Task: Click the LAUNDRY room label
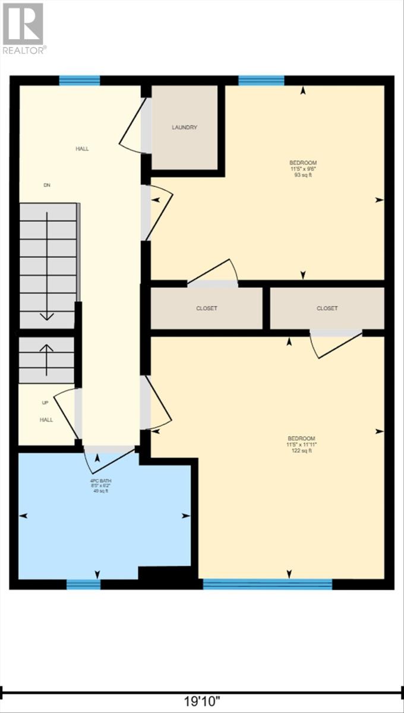184,127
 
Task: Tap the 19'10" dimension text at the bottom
202,701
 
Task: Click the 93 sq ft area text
303,175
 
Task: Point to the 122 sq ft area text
303,451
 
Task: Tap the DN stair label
47,185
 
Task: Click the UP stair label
45,403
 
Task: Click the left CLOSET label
207,308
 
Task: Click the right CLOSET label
327,308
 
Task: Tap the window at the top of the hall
79,81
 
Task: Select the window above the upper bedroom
261,81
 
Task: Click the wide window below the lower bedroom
267,585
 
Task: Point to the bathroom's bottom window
83,585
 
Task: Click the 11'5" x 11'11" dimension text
303,444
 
